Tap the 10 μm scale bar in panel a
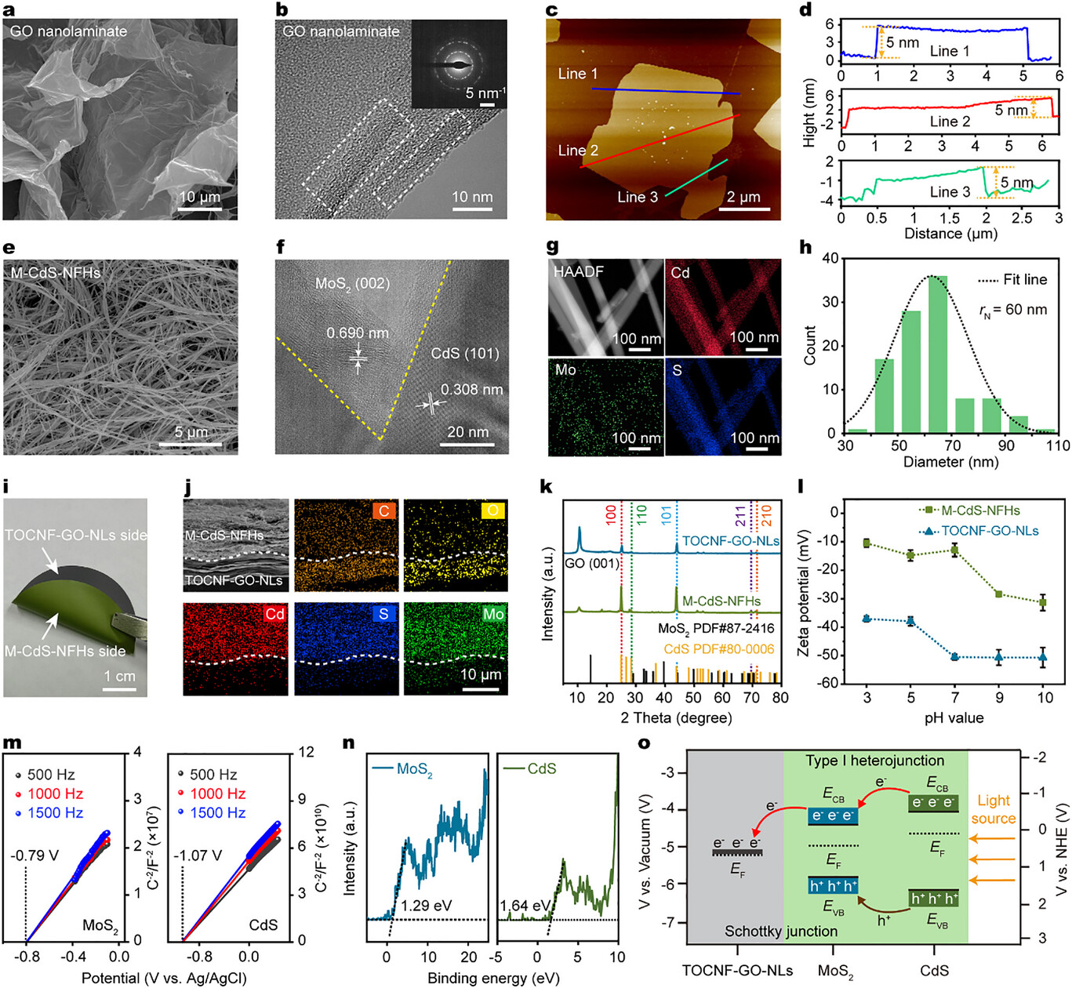pyautogui.click(x=199, y=209)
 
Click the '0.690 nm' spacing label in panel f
pyautogui.click(x=358, y=333)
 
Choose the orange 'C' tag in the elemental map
pyautogui.click(x=383, y=511)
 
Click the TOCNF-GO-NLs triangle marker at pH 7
pyautogui.click(x=955, y=656)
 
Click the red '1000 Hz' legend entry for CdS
pyautogui.click(x=217, y=794)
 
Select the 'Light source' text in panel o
pyautogui.click(x=993, y=809)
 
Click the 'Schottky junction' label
pyautogui.click(x=780, y=931)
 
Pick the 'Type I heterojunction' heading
pyautogui.click(x=874, y=761)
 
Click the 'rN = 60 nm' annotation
pyautogui.click(x=1013, y=311)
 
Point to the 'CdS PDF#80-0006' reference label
pyautogui.click(x=718, y=648)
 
